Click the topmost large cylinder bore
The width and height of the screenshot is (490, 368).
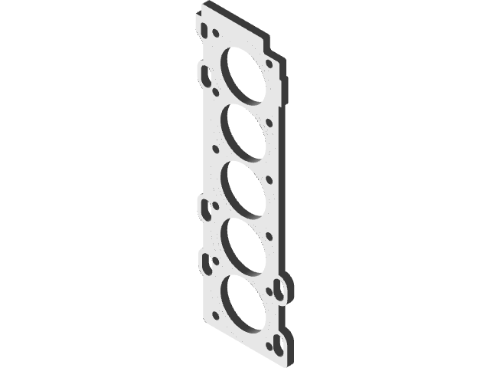(243, 74)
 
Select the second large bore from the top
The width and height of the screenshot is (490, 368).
(243, 128)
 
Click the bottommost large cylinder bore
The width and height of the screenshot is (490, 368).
(243, 302)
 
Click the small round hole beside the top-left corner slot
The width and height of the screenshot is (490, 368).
(217, 34)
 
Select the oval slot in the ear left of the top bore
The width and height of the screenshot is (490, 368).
(205, 74)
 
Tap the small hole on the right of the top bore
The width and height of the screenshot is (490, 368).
(268, 64)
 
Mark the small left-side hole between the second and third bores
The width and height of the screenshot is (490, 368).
(217, 150)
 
